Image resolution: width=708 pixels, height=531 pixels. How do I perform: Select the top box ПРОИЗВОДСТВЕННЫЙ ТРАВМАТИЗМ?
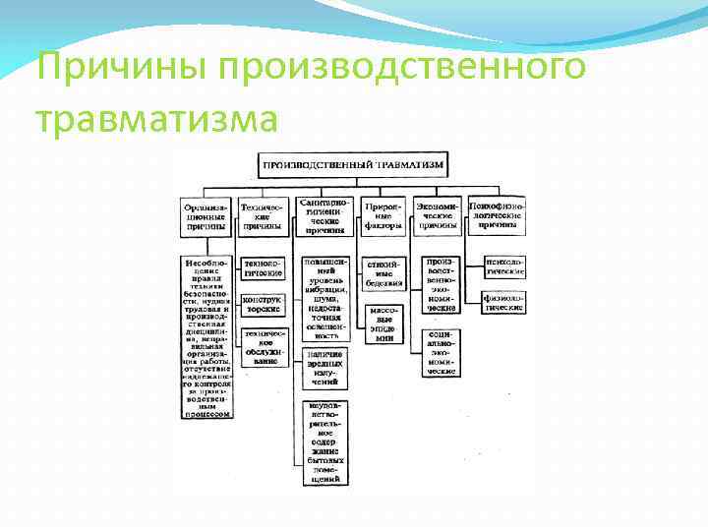pos(353,164)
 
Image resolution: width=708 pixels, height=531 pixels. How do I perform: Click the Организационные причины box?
pos(206,216)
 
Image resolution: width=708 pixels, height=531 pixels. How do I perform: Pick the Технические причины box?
pos(263,216)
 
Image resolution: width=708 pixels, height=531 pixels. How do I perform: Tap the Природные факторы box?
pos(383,216)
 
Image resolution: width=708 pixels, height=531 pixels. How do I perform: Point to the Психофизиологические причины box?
pos(497,214)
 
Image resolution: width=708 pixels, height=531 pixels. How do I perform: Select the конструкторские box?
pos(263,303)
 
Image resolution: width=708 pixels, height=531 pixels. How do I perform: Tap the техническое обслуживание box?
pos(263,346)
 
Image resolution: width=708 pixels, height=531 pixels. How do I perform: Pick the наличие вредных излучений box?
pos(324,372)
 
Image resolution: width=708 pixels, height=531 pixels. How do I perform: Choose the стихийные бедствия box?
pos(383,273)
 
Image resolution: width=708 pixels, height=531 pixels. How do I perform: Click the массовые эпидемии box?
pos(383,323)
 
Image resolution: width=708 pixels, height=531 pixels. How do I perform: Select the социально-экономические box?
pos(441,353)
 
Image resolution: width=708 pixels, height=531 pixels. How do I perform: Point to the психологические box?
pos(503,266)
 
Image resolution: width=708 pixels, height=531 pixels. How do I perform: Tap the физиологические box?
pos(503,302)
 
